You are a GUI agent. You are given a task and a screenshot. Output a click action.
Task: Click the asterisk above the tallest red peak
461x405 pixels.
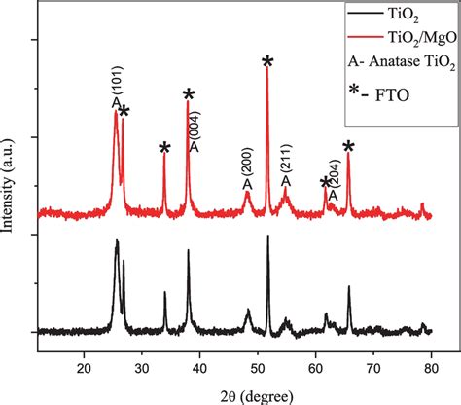(267, 62)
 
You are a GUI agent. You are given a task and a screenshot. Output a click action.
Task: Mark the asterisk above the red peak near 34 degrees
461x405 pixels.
(164, 149)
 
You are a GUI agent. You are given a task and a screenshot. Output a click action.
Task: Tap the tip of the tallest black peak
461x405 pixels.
(267, 237)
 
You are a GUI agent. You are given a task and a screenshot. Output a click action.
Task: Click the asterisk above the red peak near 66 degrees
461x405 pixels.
(348, 147)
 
